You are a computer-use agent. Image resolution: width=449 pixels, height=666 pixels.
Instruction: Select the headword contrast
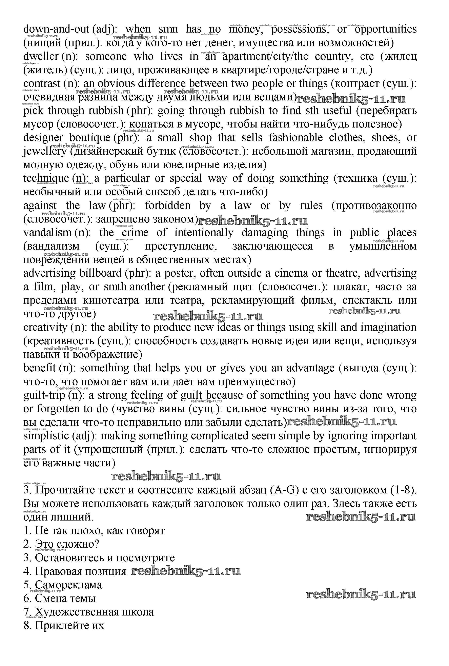(x=42, y=84)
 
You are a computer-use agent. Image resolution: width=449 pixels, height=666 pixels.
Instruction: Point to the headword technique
(x=46, y=178)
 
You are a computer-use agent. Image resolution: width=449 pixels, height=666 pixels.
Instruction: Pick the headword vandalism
(x=47, y=233)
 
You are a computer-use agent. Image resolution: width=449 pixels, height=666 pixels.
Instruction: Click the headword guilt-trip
(x=44, y=395)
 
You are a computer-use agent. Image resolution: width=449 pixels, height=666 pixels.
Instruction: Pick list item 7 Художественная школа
(x=89, y=612)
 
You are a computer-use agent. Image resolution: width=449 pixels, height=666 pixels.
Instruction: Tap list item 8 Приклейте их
(x=64, y=626)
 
